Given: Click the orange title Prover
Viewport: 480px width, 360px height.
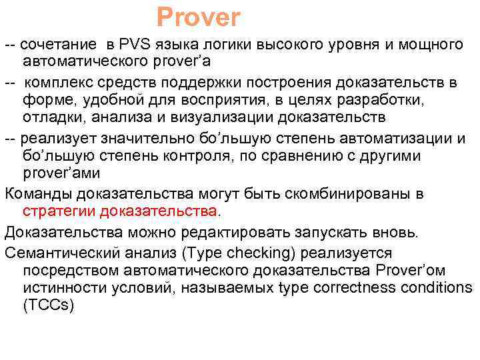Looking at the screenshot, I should (x=198, y=17).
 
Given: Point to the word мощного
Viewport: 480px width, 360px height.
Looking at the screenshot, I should (x=430, y=45).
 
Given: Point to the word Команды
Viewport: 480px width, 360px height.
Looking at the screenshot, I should (x=39, y=193).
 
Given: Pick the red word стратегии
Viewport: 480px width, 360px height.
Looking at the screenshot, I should (x=59, y=211).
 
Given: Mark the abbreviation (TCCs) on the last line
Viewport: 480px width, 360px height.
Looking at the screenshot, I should (x=48, y=305).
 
